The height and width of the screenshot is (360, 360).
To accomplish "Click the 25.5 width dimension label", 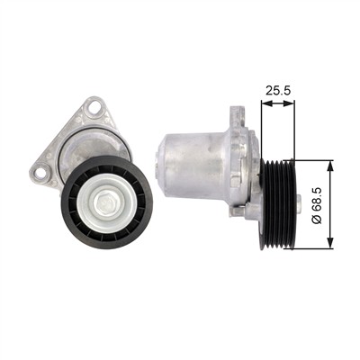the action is [x=278, y=91].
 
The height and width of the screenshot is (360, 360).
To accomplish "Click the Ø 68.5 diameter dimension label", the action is [x=317, y=205].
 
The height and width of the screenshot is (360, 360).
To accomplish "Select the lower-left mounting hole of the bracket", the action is [x=40, y=173].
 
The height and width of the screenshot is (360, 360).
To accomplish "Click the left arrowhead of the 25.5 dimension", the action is [x=266, y=103].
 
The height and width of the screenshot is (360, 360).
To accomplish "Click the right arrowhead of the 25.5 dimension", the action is [x=289, y=103].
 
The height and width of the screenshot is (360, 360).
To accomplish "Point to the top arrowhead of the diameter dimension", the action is [x=330, y=166].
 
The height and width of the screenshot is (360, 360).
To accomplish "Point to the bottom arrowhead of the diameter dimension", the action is [x=330, y=243].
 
